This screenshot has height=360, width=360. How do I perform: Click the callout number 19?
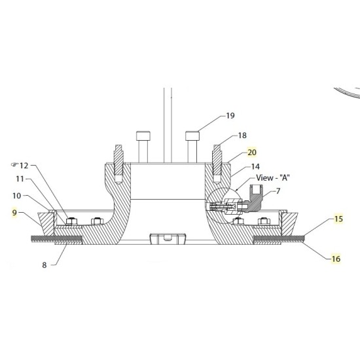[x=230, y=116]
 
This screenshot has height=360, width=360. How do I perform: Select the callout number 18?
[x=242, y=135]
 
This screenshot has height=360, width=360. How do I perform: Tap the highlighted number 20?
[x=252, y=153]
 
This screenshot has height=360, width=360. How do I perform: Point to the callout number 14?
[x=254, y=168]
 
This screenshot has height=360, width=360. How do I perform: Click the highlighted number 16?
[x=336, y=259]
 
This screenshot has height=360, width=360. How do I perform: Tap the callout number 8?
[x=45, y=264]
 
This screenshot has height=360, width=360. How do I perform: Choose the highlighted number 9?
[x=14, y=212]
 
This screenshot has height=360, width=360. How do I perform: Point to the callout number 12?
[x=25, y=166]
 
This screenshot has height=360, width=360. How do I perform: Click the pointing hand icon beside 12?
[x=15, y=165]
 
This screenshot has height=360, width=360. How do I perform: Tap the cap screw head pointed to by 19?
[x=192, y=135]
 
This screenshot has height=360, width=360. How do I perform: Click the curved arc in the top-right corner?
[x=347, y=95]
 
